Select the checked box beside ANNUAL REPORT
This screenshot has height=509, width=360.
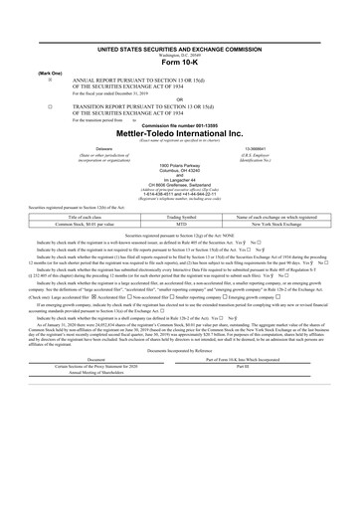click(36, 78)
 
